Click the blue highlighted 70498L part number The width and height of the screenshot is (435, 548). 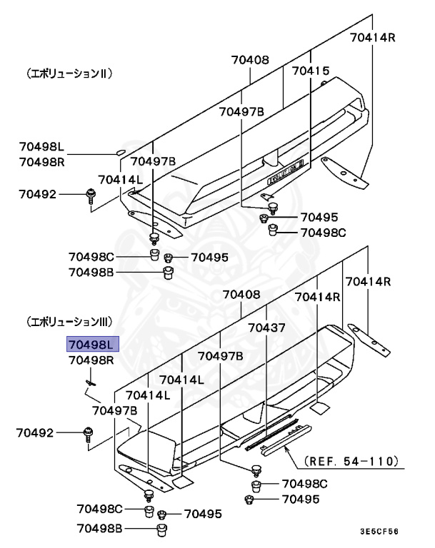point(91,345)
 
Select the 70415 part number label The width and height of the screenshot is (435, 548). point(311,71)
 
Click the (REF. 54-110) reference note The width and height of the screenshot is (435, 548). point(350,462)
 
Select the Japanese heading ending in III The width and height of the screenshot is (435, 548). point(74,322)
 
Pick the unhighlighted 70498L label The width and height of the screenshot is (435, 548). point(41,148)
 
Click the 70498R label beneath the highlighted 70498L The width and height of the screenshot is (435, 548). point(91,360)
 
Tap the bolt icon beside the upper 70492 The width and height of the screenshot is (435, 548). point(91,195)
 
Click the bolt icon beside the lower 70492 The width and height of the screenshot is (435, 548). point(89,433)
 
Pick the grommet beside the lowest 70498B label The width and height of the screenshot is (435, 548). point(162,529)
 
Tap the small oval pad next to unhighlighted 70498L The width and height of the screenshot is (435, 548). point(119,151)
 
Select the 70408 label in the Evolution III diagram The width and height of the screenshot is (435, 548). point(241,294)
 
